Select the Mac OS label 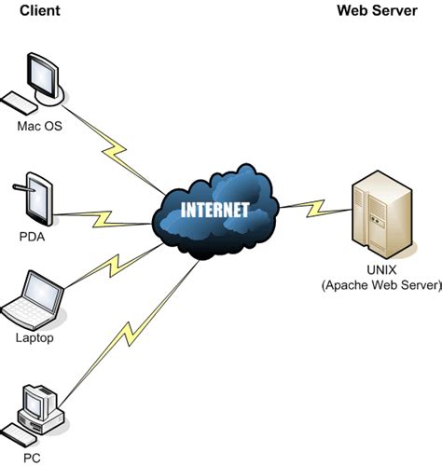pyautogui.click(x=39, y=125)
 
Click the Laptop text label pyautogui.click(x=35, y=338)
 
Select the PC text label pyautogui.click(x=32, y=458)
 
